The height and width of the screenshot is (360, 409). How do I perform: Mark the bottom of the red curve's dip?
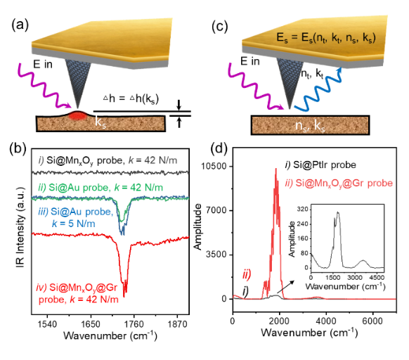pos(125,290)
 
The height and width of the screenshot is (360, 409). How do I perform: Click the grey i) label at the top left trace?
pos(41,161)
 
